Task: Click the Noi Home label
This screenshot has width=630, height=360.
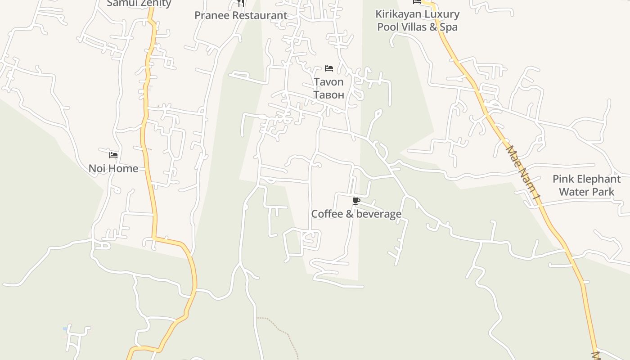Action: pos(113,169)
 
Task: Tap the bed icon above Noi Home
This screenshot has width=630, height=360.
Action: pos(113,155)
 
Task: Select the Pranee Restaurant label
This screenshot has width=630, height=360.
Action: pos(241,15)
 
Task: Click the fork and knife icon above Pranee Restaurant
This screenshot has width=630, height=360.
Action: pos(241,4)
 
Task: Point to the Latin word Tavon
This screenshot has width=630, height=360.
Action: pos(328,82)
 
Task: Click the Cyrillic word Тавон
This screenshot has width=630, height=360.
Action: pos(328,94)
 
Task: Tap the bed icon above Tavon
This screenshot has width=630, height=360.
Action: pos(329,68)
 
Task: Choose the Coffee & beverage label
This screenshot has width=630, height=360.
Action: pos(356,214)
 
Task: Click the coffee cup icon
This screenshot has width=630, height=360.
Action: pos(356,201)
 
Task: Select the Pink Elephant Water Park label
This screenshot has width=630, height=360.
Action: pos(586,185)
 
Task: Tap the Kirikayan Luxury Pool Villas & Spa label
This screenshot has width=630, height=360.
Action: pos(417,20)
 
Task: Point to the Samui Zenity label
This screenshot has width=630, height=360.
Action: pos(139,4)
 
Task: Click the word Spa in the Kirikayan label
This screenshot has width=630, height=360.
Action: pos(449,27)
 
